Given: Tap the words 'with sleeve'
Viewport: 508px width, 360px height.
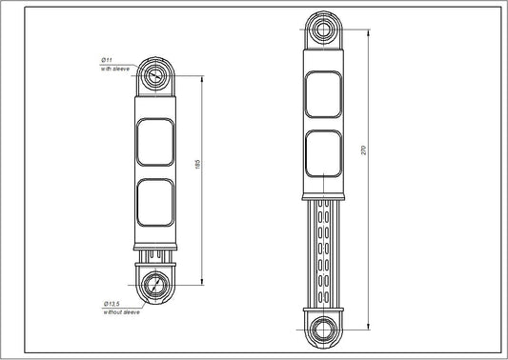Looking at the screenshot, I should tap(114, 70).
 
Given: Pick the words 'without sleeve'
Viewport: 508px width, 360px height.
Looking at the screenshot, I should tap(120, 310).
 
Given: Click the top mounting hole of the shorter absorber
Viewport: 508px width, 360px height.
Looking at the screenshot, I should tap(156, 76).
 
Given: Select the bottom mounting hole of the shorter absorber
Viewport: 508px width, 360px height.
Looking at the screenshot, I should tap(156, 284).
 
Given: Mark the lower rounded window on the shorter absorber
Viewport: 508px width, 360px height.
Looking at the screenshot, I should tap(156, 205).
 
